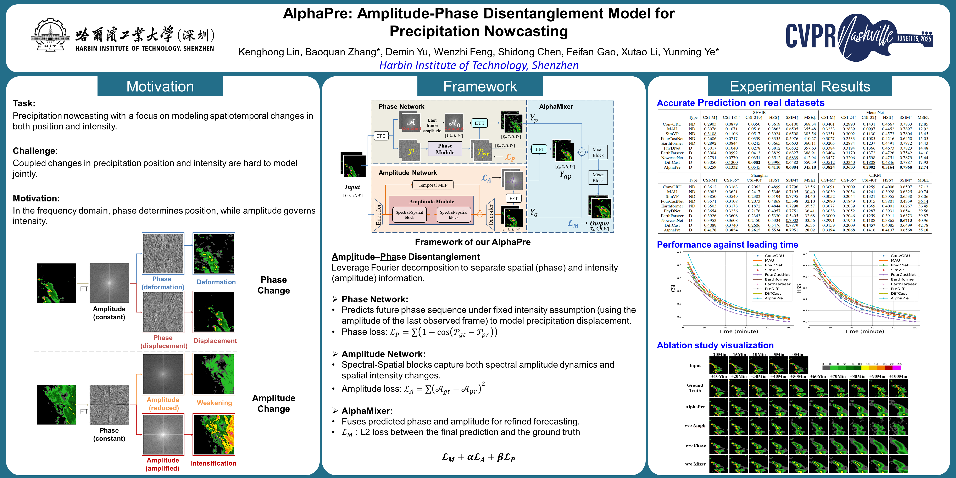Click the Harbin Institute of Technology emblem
(x=50, y=35)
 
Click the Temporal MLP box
(x=433, y=185)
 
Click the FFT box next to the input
(x=381, y=136)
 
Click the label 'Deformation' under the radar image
(x=216, y=282)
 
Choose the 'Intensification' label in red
(x=213, y=463)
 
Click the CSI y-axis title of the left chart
(x=673, y=288)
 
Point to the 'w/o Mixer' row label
(x=695, y=464)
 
